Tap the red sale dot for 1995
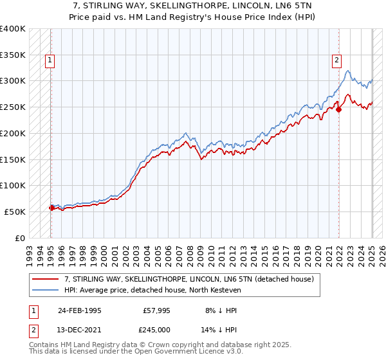point(51,208)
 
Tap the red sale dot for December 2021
point(339,110)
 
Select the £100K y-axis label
point(14,185)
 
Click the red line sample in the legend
point(46,279)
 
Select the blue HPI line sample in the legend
point(46,290)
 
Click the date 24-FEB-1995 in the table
point(79,310)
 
